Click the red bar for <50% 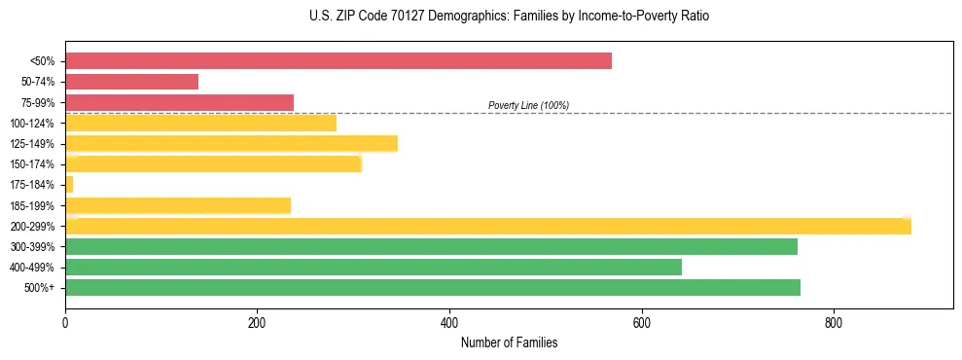(x=338, y=61)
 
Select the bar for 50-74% (x=131, y=82)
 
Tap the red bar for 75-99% (x=179, y=102)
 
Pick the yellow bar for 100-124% (x=200, y=123)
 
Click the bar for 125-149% (x=232, y=144)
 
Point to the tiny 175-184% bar (x=69, y=185)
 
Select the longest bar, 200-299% (x=488, y=226)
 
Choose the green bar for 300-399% (x=431, y=246)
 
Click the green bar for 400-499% (x=374, y=267)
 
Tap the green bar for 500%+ (x=433, y=287)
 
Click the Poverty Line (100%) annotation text (x=528, y=105)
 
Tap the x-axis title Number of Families (x=509, y=343)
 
